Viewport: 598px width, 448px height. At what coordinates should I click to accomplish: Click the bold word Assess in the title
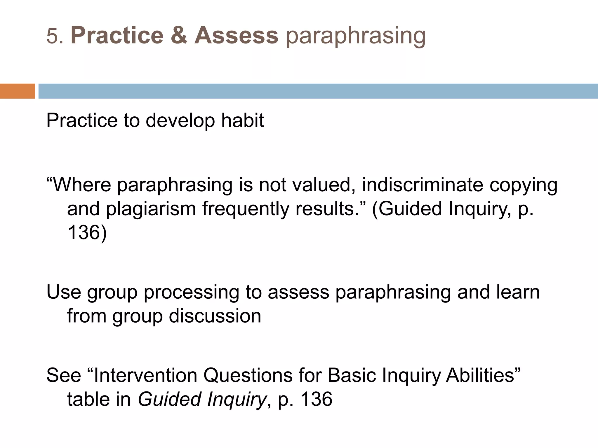pyautogui.click(x=236, y=36)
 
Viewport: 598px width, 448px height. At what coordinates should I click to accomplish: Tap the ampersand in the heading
pyautogui.click(x=179, y=36)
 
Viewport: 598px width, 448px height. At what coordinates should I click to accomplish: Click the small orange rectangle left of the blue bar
pyautogui.click(x=17, y=91)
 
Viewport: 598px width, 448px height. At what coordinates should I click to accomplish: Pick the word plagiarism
pyautogui.click(x=151, y=209)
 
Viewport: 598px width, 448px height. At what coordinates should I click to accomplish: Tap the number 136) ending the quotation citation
pyautogui.click(x=87, y=233)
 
